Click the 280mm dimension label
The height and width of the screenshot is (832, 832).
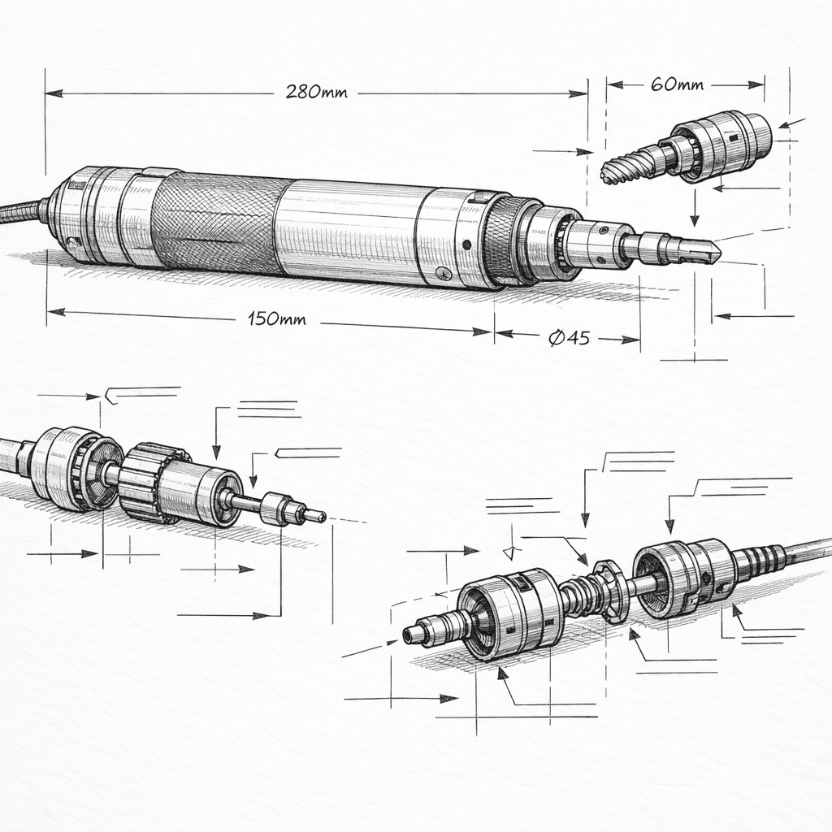[x=316, y=92]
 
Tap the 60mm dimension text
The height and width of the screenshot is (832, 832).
[x=678, y=84]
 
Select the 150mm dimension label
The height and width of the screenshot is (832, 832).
[x=276, y=319]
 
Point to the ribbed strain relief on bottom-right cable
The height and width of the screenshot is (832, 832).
[x=760, y=559]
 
